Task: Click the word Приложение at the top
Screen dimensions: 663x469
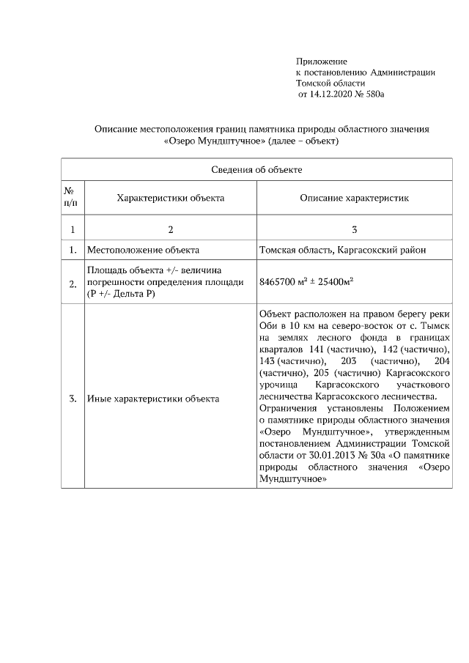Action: tap(321, 61)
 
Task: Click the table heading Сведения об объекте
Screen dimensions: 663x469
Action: tap(256, 169)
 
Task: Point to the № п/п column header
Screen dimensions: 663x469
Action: tap(72, 196)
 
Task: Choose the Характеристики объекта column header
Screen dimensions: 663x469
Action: tap(170, 197)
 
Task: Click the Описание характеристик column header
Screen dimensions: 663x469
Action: tap(354, 197)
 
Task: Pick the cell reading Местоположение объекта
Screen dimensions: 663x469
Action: tap(143, 250)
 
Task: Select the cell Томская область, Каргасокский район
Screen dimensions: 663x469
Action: tap(343, 250)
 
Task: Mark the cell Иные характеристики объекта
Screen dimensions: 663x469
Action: tap(153, 399)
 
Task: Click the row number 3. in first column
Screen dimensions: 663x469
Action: tap(72, 399)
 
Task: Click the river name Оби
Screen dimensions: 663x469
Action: tap(268, 325)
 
